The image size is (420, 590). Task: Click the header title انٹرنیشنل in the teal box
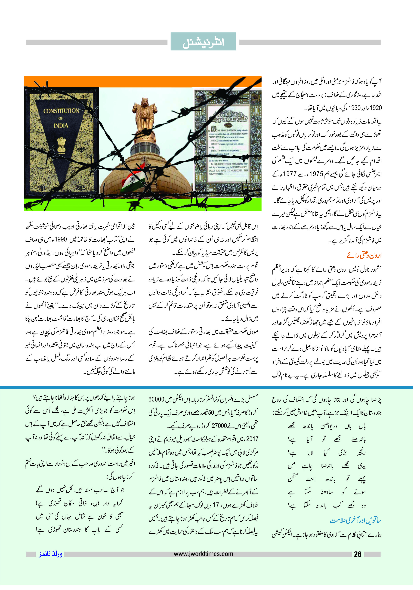click(203, 42)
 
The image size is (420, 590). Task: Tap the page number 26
click(358, 554)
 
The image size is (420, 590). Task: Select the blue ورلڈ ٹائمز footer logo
click(50, 554)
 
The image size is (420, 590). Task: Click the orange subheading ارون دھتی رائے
click(364, 255)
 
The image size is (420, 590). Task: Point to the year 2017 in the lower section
click(252, 439)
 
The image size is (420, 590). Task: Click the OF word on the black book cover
click(61, 118)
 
